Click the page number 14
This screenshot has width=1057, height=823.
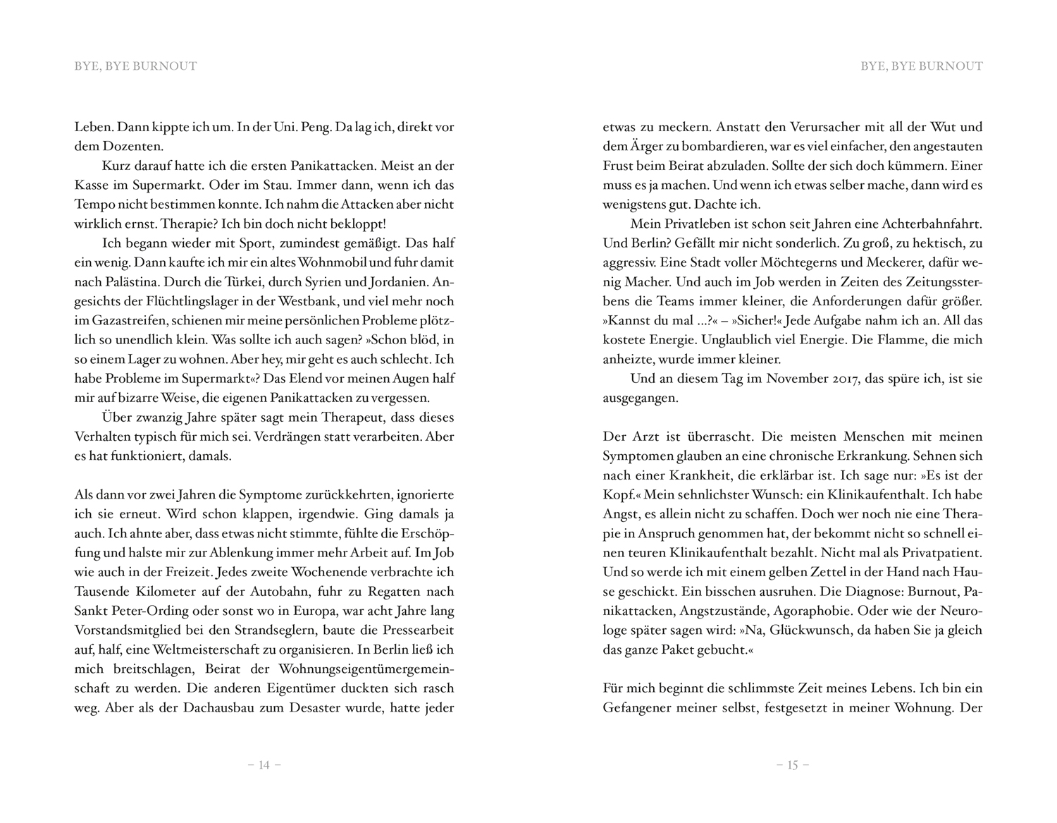click(x=264, y=765)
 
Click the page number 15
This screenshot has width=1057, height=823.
click(x=792, y=765)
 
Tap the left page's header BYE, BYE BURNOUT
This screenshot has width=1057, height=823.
click(x=136, y=66)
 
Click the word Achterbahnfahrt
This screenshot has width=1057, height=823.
click(x=932, y=224)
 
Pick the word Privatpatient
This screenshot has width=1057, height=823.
click(x=941, y=553)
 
